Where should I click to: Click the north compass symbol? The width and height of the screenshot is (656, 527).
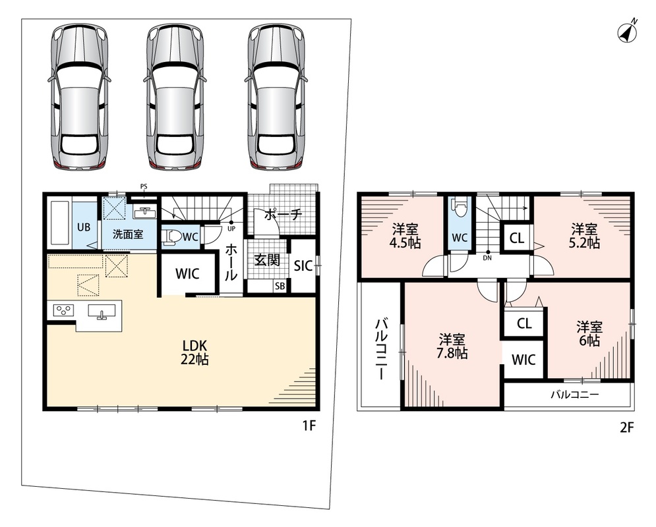[627, 32]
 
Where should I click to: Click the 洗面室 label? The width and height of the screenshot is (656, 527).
[128, 235]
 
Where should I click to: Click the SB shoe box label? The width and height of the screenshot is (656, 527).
[280, 287]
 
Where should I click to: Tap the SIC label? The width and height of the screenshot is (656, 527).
[303, 265]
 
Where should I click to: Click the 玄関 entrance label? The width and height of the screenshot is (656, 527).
[267, 260]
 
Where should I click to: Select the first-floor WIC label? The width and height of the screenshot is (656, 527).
[187, 274]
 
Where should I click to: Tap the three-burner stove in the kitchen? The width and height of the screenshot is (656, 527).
[63, 310]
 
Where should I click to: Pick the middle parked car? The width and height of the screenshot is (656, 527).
[175, 96]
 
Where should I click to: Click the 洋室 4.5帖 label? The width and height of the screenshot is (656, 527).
[405, 235]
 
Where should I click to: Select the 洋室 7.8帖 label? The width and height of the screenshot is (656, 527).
[452, 346]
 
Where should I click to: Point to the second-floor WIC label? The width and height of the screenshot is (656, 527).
[523, 360]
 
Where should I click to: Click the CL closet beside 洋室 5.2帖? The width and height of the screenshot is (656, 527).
[517, 238]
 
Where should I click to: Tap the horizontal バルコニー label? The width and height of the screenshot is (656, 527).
[575, 394]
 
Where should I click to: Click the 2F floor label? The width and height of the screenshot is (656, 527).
[626, 428]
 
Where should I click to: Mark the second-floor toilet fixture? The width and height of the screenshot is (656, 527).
[459, 208]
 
